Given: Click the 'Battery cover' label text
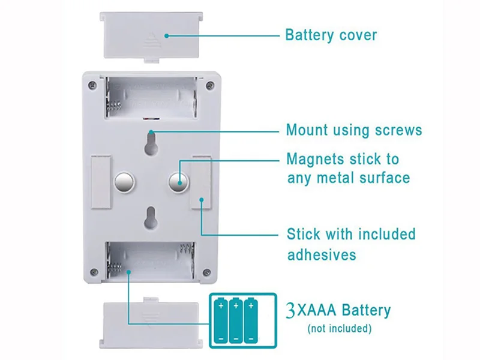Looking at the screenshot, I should point(331,35).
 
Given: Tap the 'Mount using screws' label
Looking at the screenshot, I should point(354,130).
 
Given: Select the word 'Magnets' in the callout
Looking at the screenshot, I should point(314,160).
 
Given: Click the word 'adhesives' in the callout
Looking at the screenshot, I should point(321,254).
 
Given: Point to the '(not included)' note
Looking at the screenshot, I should point(339,329).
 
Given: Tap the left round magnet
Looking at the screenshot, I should point(124,181).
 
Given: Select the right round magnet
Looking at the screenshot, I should point(177,181).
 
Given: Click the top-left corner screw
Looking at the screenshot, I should point(91,86).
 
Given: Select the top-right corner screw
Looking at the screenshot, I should point(209,86).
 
